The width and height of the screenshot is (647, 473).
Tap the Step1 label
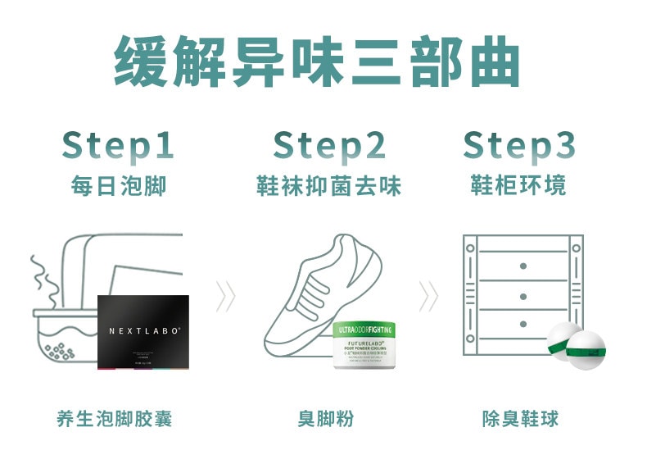[x=118, y=145]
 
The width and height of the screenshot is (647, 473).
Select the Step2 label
[x=328, y=145]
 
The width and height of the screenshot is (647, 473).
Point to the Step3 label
[x=519, y=145]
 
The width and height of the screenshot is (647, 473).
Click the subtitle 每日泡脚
[x=118, y=185]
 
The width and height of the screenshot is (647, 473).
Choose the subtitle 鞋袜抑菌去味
[x=328, y=185]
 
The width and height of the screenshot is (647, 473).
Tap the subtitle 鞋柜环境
[x=519, y=185]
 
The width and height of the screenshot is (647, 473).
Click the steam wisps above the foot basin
[x=43, y=279]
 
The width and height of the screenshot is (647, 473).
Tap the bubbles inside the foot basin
[x=57, y=351]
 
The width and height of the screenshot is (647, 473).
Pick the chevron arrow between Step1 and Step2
[x=225, y=296]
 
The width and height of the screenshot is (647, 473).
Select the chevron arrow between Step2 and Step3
[x=428, y=296]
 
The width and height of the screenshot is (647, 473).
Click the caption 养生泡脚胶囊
[x=115, y=420]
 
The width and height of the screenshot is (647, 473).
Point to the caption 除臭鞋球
[x=520, y=420]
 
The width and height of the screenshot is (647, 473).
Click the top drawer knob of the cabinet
[x=523, y=266]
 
